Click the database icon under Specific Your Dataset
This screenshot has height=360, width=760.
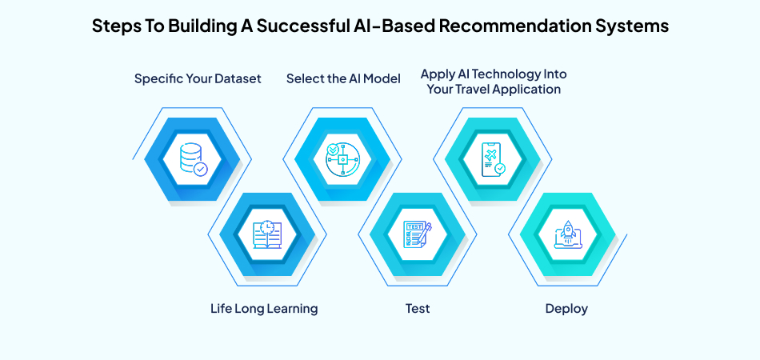(192, 159)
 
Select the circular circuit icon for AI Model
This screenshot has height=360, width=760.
(342, 159)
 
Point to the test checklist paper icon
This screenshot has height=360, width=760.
(417, 234)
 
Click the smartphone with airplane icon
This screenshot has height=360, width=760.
(492, 159)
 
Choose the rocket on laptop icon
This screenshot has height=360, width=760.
(567, 234)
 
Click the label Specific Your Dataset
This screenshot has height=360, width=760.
(198, 78)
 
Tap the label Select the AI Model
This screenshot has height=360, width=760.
(343, 78)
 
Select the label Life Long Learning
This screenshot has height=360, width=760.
(264, 309)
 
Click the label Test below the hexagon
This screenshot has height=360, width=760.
(417, 309)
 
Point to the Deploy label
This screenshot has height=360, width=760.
(567, 309)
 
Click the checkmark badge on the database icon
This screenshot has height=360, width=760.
(201, 169)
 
